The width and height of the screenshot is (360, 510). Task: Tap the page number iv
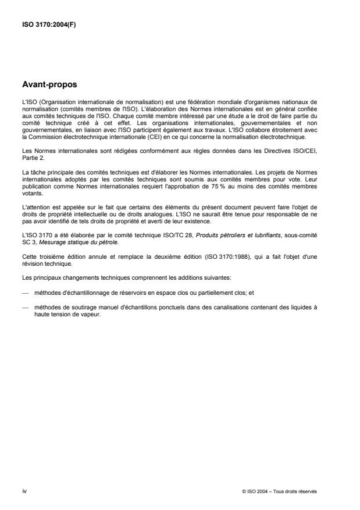[24, 491]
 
